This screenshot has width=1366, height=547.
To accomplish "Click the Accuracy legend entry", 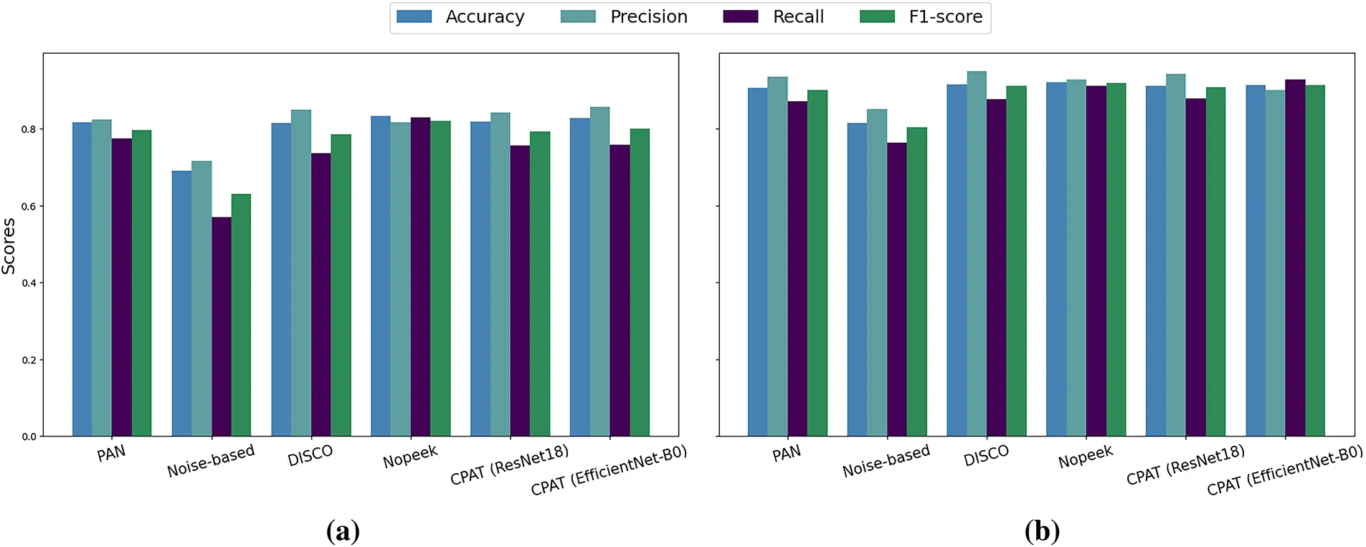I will point(485,17).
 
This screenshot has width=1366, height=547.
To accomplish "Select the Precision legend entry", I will point(648,17).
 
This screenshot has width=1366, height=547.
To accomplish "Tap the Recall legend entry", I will point(797,17).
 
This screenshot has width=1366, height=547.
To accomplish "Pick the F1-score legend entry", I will point(945,17).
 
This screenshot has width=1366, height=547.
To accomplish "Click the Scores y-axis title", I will point(9,246).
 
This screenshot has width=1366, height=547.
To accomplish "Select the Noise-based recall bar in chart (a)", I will point(221,327).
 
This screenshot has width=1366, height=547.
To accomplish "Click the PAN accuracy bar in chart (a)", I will point(82,279).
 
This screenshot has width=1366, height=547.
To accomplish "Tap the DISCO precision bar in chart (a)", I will point(301,273).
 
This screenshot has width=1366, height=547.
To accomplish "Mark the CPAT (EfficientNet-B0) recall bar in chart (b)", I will point(1295,258).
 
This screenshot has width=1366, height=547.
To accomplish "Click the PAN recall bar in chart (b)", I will point(797,268).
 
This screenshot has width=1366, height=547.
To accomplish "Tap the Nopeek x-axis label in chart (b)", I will point(1085,457).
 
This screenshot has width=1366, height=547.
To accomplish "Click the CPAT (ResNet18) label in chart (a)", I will point(509,464).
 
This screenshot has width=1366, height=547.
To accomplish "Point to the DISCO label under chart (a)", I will point(310,455).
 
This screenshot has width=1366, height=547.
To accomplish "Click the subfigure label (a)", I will point(343,531).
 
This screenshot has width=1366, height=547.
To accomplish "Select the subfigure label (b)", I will point(1042,531).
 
